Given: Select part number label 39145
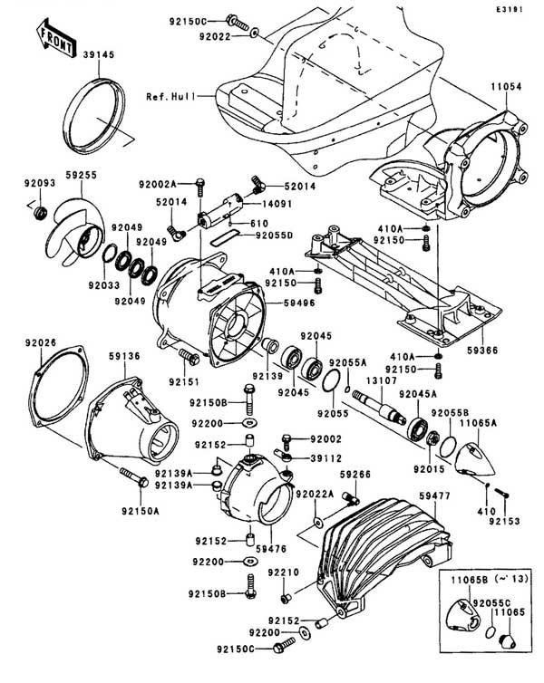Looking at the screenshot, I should [99, 54].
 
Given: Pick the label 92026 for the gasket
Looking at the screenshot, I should [42, 341].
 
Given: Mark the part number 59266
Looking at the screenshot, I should [355, 474].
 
